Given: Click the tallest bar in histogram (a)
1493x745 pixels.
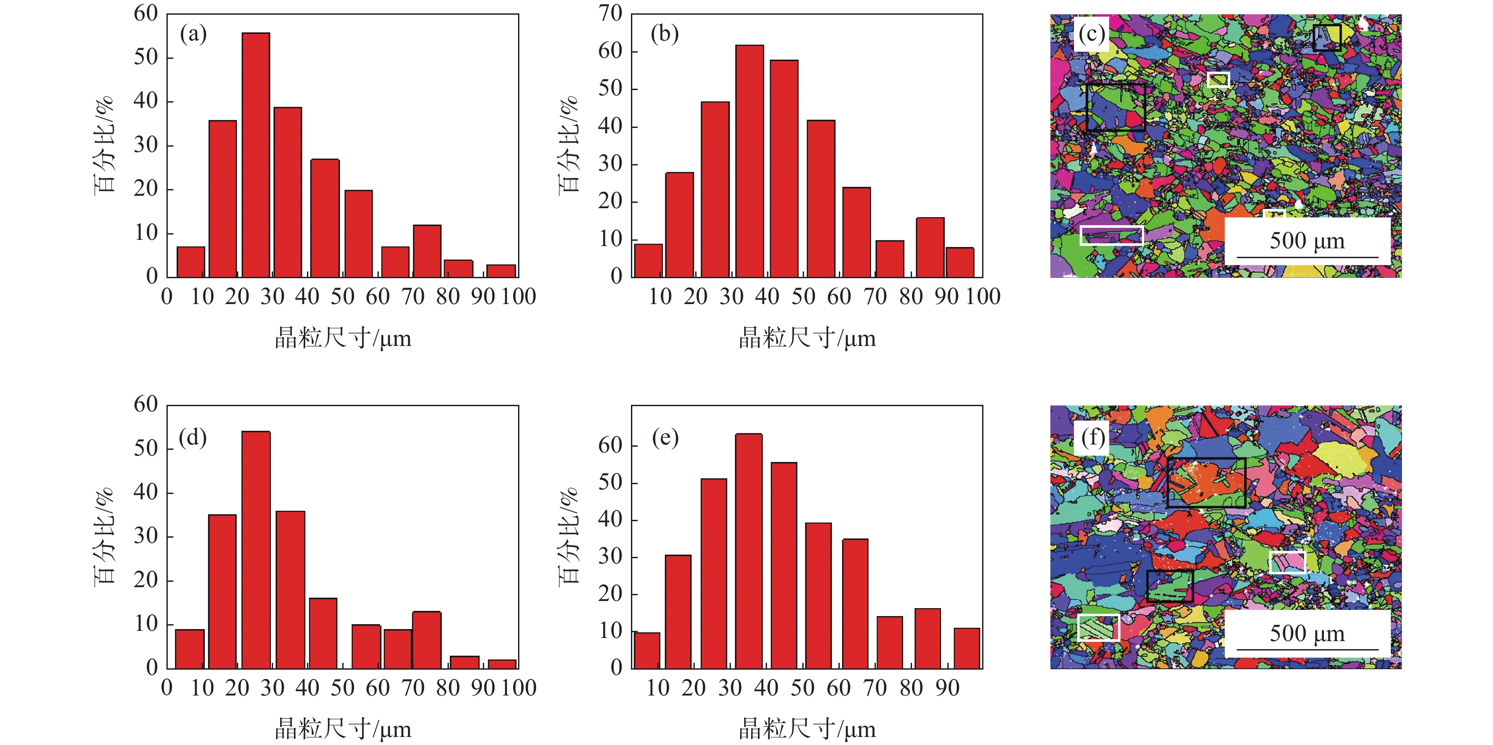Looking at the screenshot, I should [x=256, y=155].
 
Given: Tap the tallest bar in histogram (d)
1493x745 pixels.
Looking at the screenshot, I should [x=256, y=550].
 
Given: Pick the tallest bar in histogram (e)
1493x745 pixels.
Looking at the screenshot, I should [x=749, y=551].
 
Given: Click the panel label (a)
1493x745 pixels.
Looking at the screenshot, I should [x=193, y=34].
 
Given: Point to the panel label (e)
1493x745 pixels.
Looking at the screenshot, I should [x=665, y=437].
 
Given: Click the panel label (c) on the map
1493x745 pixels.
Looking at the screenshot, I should [x=1091, y=34].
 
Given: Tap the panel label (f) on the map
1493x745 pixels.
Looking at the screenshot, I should [x=1093, y=437].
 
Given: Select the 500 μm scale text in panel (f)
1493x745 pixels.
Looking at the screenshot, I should [x=1307, y=633].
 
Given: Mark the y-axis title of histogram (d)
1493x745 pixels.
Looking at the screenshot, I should [x=104, y=536].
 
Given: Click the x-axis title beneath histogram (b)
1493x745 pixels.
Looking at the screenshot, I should [x=807, y=338].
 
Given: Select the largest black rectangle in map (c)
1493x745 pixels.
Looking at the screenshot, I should [x=1116, y=107].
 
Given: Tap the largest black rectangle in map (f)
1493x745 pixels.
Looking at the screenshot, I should [x=1206, y=482].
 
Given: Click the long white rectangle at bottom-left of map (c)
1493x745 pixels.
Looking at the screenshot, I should [x=1111, y=236].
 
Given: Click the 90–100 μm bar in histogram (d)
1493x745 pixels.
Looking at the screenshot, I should [x=502, y=664].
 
